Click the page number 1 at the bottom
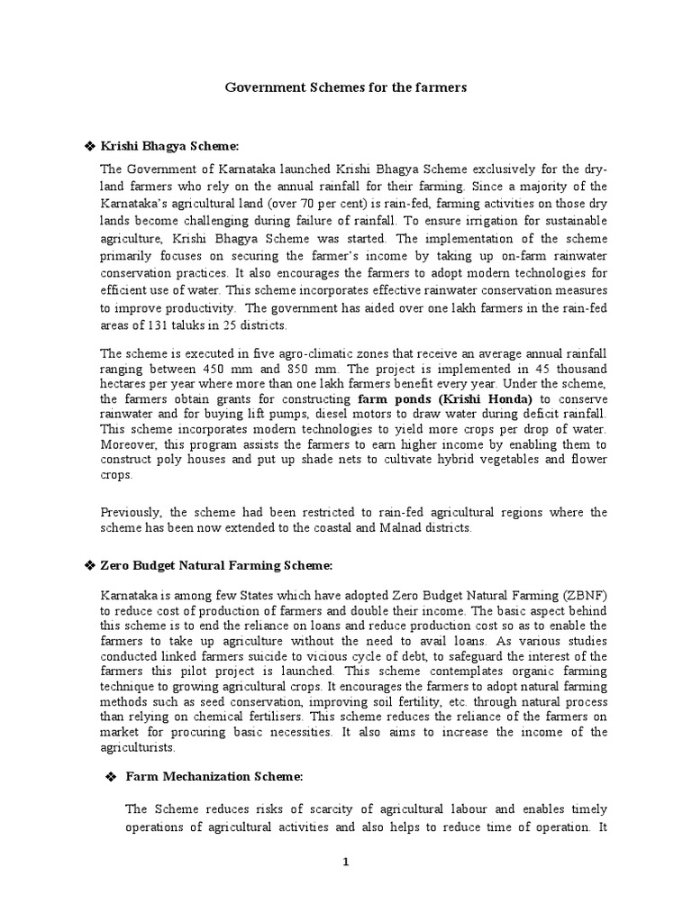[344, 863]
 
